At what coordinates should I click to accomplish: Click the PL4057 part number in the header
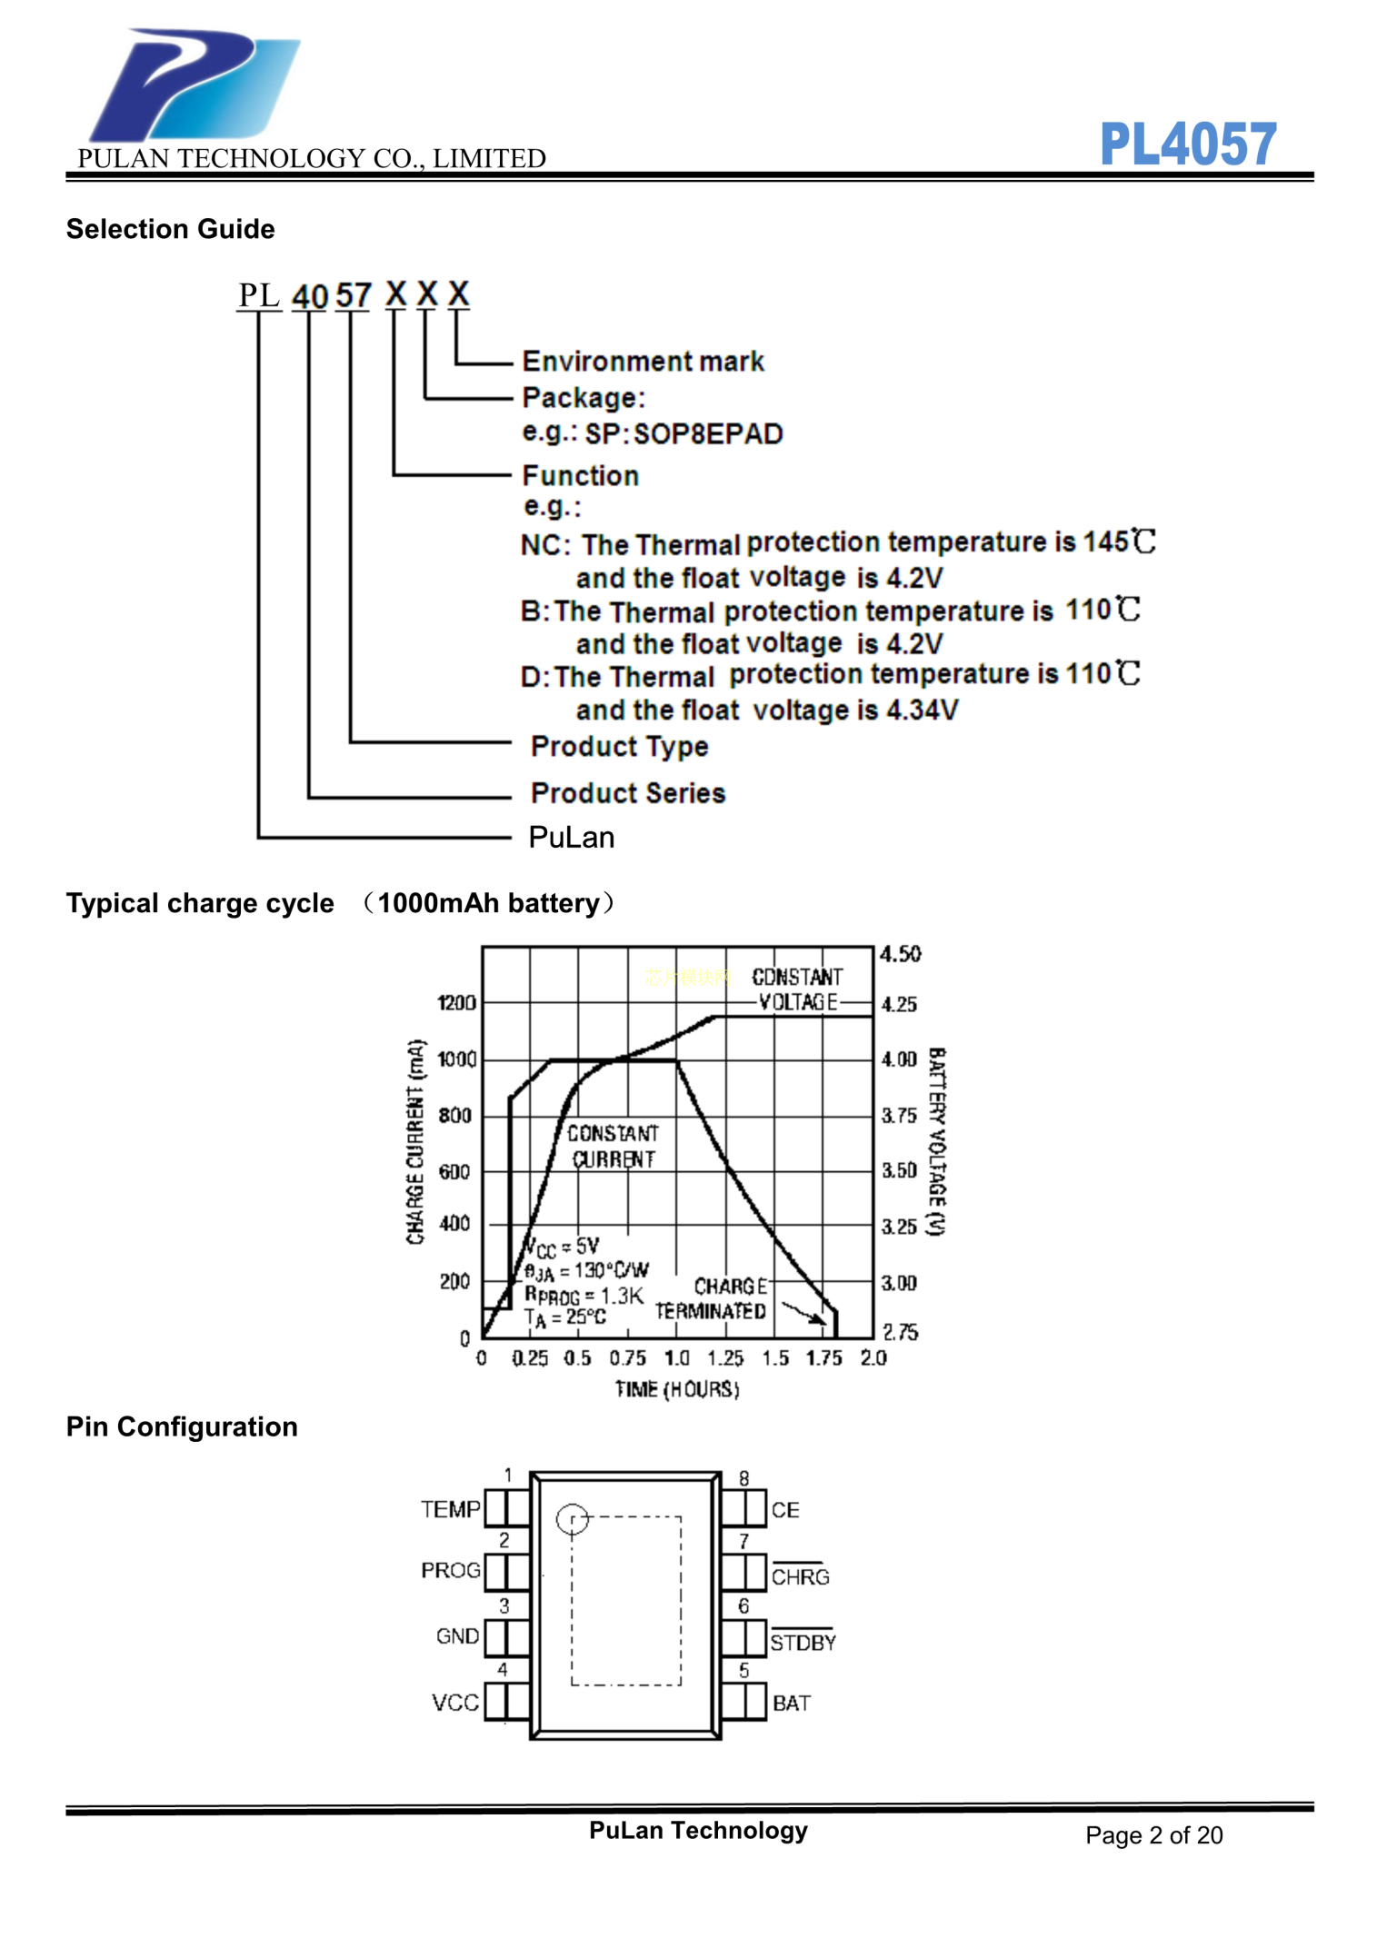(1187, 144)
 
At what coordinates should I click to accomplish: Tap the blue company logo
(195, 84)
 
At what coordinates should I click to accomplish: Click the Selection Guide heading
(170, 229)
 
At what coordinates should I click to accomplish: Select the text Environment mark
(643, 362)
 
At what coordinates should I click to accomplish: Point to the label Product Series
(628, 793)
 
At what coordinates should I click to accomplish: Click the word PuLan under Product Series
(572, 837)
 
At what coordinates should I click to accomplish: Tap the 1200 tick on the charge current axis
(456, 1003)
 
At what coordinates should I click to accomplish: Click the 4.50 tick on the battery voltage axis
(900, 954)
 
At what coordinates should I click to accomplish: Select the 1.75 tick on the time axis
(823, 1358)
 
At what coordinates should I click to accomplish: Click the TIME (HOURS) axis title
(677, 1389)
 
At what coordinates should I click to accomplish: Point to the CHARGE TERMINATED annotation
(712, 1299)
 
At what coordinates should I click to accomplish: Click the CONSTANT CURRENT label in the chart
(613, 1146)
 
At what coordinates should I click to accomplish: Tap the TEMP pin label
(450, 1509)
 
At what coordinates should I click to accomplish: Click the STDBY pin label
(803, 1642)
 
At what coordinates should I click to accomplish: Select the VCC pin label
(454, 1703)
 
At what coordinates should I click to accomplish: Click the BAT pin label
(791, 1704)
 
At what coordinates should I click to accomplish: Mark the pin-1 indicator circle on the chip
(573, 1518)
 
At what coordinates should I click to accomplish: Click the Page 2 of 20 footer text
(1153, 1835)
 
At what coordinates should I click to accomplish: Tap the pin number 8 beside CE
(743, 1478)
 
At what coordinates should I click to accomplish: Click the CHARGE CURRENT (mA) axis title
(415, 1141)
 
